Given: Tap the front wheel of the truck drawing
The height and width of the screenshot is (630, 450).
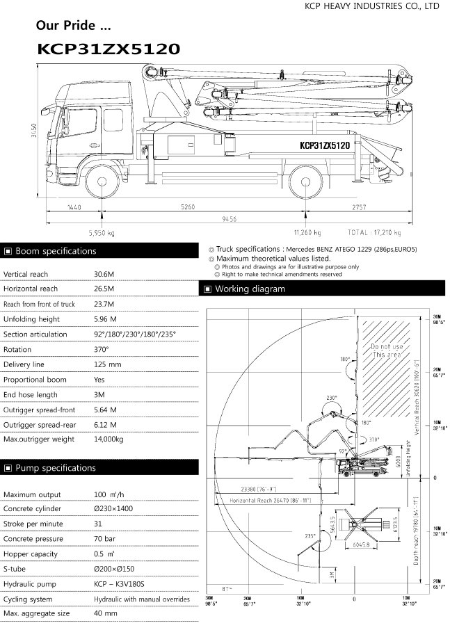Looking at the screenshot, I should pyautogui.click(x=102, y=182).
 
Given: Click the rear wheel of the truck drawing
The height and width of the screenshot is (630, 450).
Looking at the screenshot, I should pyautogui.click(x=307, y=182).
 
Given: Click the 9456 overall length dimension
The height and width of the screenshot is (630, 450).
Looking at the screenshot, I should pyautogui.click(x=229, y=219).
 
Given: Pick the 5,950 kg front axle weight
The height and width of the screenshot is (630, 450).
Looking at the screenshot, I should pyautogui.click(x=102, y=233).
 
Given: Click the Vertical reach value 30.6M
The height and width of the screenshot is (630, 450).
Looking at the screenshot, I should pyautogui.click(x=104, y=273).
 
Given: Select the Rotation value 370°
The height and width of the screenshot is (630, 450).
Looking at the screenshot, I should pyautogui.click(x=103, y=350).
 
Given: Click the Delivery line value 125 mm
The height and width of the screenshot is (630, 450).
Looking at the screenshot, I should pyautogui.click(x=108, y=365).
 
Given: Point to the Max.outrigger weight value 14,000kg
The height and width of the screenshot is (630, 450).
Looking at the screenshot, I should pyautogui.click(x=109, y=439).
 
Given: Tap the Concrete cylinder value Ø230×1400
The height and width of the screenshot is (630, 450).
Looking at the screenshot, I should pyautogui.click(x=113, y=509).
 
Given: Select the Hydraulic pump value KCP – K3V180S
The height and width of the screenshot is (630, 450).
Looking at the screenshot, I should pyautogui.click(x=119, y=585).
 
